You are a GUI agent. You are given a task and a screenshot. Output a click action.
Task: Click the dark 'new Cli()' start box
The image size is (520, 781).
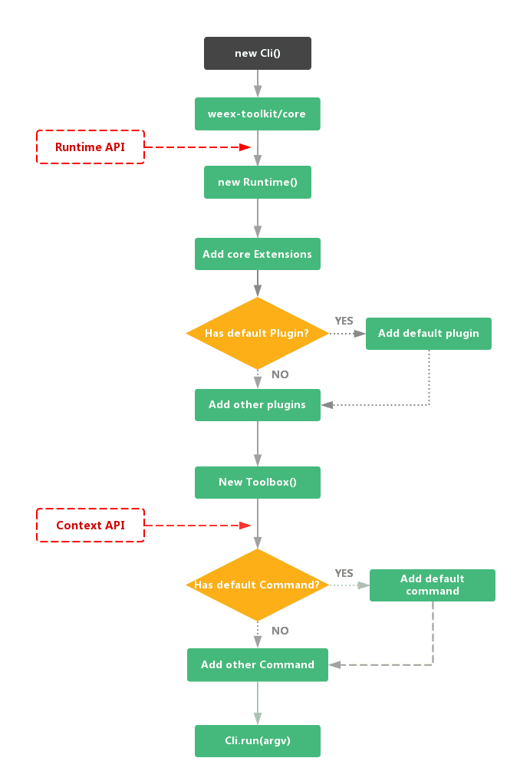point(257,54)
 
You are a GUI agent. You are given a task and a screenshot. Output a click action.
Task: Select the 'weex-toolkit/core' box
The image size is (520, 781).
point(257,114)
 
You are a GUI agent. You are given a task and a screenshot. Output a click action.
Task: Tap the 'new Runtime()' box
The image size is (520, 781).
point(257,182)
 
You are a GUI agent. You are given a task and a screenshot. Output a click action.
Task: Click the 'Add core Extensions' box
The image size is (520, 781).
point(257,254)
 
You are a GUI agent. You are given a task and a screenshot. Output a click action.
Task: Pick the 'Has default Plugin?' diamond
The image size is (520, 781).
point(257,333)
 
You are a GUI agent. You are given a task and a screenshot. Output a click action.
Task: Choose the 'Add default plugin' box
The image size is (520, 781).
point(428,333)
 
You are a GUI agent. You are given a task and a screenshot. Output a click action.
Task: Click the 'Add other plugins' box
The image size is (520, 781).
point(257,404)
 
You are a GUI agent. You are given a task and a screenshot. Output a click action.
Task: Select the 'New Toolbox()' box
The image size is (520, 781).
point(257,482)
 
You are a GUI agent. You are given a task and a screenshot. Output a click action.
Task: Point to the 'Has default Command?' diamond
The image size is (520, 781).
point(257,585)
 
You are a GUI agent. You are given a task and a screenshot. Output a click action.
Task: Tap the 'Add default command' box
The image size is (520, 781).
point(432,585)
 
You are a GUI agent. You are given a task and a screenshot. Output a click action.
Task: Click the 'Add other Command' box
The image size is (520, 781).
point(257,664)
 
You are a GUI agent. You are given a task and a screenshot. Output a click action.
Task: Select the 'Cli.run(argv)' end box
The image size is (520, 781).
point(257,740)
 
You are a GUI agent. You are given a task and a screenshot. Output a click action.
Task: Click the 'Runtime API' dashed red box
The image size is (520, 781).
point(91,147)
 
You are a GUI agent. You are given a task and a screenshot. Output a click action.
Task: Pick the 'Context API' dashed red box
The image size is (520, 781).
point(91,526)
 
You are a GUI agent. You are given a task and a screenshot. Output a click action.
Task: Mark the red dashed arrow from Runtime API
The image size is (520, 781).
point(198,147)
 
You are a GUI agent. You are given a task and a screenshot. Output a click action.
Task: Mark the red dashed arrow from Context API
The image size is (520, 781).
point(198,526)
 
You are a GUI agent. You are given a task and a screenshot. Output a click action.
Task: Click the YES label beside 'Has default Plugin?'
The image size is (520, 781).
point(344,321)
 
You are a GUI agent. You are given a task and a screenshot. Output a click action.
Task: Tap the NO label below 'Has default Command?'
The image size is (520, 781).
point(280,631)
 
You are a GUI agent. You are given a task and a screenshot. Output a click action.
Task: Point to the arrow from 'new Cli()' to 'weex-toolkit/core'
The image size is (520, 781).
point(258,84)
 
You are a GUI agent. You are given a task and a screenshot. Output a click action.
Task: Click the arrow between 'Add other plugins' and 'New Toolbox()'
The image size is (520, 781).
point(258,443)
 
